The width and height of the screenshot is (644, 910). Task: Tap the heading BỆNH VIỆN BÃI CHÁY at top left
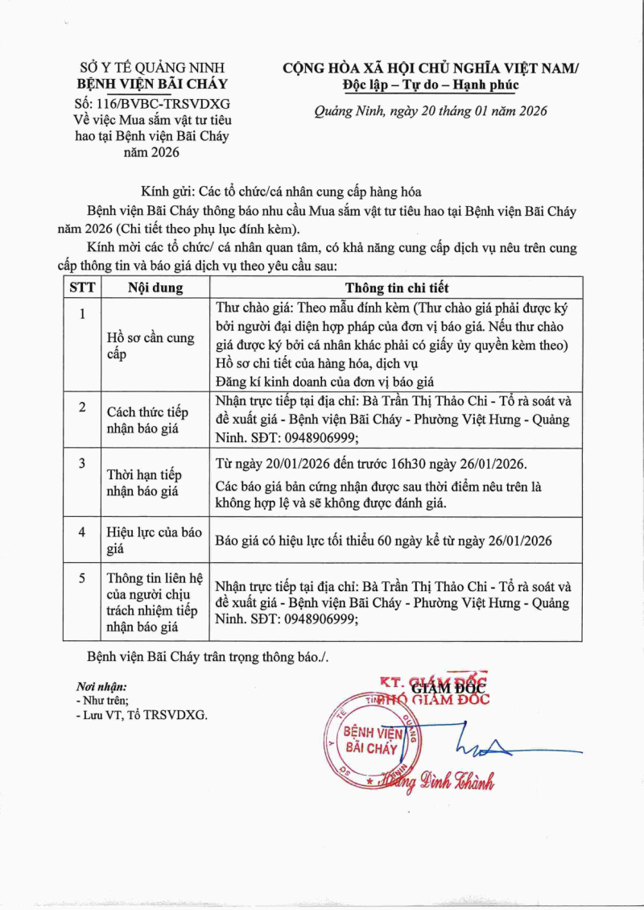[152, 84]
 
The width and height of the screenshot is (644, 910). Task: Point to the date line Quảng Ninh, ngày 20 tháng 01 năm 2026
[431, 111]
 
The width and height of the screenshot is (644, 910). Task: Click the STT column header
[81, 287]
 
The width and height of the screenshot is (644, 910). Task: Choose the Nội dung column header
[155, 287]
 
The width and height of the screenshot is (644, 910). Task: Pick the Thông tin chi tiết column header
[397, 287]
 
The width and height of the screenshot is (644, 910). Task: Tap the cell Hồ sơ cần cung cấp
[151, 346]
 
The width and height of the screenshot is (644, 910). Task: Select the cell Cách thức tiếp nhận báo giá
[147, 420]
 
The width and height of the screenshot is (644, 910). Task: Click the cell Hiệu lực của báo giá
[155, 540]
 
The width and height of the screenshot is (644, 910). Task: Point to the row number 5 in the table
[81, 577]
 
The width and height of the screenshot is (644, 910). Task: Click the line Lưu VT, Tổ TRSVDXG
[142, 714]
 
